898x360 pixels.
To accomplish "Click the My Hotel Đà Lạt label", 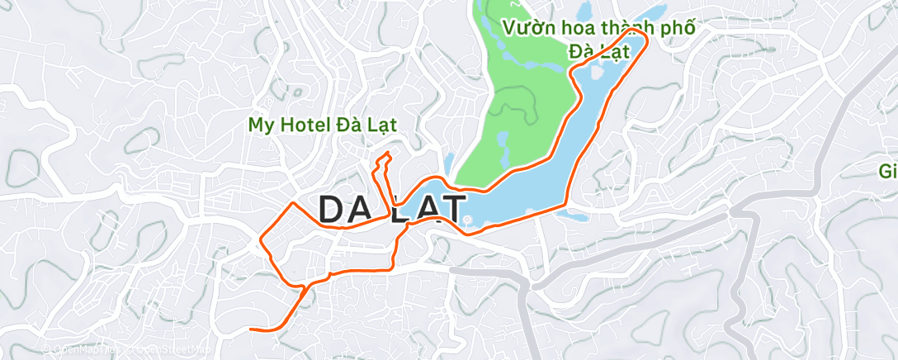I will pyautogui.click(x=324, y=125).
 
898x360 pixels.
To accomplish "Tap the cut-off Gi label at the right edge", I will pyautogui.click(x=887, y=172).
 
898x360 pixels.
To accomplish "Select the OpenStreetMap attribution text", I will pyautogui.click(x=169, y=350).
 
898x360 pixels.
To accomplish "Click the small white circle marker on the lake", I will pyautogui.click(x=467, y=220).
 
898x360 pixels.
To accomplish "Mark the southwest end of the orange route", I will pyautogui.click(x=251, y=329).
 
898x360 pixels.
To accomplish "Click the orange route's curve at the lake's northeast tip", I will pyautogui.click(x=644, y=36).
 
